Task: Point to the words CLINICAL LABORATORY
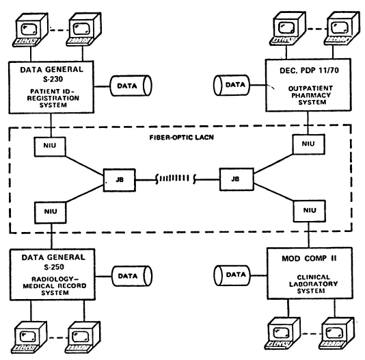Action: (310, 283)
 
